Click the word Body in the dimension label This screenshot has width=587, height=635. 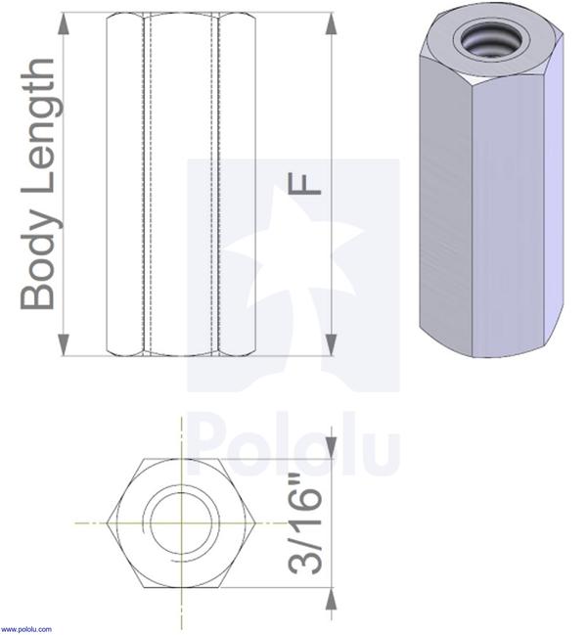[39, 265]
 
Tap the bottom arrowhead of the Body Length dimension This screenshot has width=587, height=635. [64, 343]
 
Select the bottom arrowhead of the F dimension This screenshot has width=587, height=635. [331, 343]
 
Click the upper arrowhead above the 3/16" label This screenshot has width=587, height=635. [331, 446]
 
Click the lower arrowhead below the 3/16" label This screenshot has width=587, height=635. [331, 600]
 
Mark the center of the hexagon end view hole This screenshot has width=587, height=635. [181, 522]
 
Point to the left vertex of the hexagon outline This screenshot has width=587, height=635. [107, 522]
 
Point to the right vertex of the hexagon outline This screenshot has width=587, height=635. [255, 522]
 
